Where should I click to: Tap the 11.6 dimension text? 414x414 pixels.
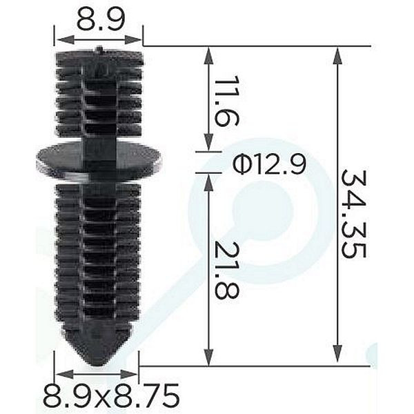(x=226, y=101)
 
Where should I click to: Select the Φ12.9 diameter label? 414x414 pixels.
(x=269, y=165)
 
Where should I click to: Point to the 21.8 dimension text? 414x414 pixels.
(x=226, y=270)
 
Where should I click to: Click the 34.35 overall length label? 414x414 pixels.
(x=353, y=214)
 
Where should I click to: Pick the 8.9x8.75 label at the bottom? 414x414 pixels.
(x=111, y=396)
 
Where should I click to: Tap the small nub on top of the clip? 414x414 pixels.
(x=99, y=49)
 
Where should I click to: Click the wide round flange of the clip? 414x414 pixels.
(x=99, y=159)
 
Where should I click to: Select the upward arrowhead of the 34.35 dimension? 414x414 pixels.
(x=337, y=55)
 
